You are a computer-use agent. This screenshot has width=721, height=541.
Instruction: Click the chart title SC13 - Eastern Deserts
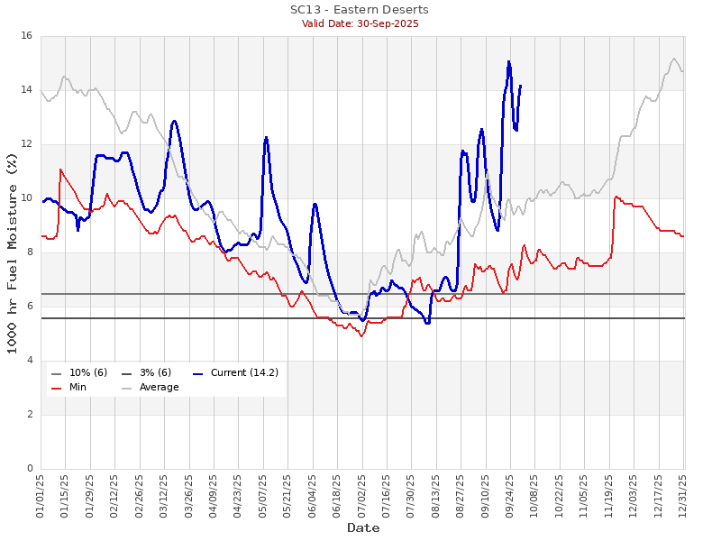[360, 10]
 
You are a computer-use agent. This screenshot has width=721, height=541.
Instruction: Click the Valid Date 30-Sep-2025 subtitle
[360, 23]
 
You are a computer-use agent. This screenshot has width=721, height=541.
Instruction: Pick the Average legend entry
[159, 387]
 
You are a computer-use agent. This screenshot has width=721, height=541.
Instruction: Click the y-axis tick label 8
[29, 252]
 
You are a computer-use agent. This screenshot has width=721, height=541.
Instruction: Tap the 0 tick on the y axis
[29, 469]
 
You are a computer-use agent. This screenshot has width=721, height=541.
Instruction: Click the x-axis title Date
[363, 527]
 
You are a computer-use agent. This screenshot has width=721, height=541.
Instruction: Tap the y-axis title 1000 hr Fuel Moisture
[12, 252]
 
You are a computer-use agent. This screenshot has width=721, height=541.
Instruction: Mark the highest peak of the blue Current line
[508, 61]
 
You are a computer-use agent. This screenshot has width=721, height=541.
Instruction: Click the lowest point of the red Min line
[361, 336]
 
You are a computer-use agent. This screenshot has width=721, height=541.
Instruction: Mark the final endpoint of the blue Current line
[521, 85]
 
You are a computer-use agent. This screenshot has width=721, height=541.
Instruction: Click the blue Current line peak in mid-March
[174, 121]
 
